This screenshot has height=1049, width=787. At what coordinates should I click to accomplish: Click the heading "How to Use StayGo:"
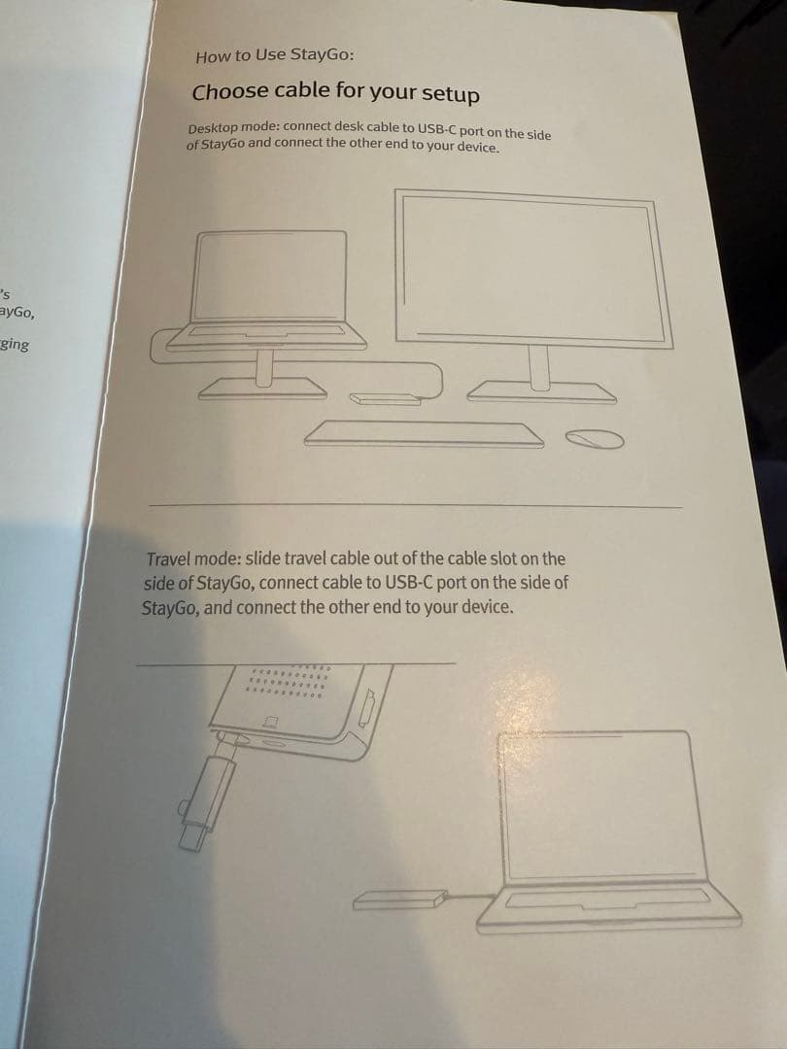click(274, 55)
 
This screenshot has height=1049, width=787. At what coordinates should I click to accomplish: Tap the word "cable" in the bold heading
click(293, 91)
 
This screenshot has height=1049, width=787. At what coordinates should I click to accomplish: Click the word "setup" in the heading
click(451, 94)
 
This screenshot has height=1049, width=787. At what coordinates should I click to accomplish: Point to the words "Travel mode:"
click(193, 558)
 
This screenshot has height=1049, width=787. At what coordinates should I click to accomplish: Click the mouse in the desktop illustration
click(595, 439)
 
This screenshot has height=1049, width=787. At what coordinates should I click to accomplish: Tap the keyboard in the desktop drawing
click(424, 433)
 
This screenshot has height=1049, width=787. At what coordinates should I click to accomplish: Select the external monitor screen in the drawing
click(533, 269)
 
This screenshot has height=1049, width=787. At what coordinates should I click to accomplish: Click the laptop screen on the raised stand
click(269, 275)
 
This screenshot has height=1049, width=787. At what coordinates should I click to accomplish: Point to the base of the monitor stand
click(541, 392)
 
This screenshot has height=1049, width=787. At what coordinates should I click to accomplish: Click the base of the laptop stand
click(262, 389)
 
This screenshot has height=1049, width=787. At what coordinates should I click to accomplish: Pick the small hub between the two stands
click(385, 399)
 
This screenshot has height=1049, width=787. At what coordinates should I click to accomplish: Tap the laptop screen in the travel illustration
click(604, 806)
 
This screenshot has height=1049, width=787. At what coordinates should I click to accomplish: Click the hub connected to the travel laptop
click(399, 899)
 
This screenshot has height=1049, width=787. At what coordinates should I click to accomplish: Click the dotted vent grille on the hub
click(288, 681)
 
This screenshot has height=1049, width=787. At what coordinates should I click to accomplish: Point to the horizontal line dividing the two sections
click(416, 505)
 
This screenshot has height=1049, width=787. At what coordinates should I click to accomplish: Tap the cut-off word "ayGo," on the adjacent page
click(17, 313)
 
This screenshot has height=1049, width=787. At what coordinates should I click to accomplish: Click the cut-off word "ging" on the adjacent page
click(14, 345)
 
